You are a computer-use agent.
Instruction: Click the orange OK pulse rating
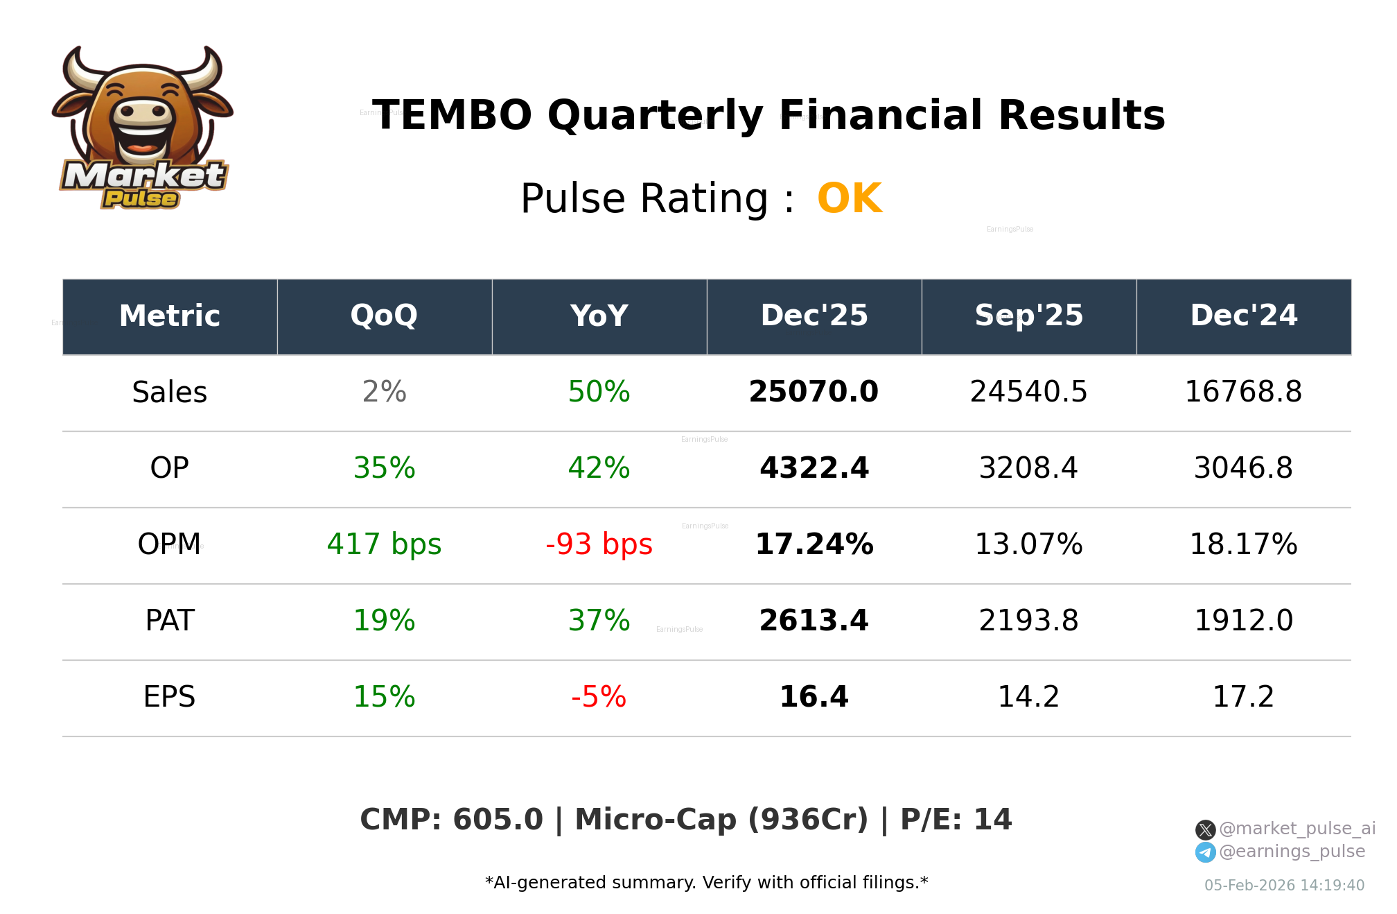(849, 199)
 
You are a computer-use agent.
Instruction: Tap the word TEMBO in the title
(452, 115)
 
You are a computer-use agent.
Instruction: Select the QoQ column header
(384, 316)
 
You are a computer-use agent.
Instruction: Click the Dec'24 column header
(1243, 316)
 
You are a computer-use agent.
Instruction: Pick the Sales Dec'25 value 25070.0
(814, 393)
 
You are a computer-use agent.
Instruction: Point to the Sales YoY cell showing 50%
(599, 393)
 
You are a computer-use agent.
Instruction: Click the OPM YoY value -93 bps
(599, 545)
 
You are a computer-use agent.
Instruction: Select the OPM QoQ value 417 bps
(384, 545)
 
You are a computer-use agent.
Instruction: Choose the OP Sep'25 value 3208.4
(1028, 469)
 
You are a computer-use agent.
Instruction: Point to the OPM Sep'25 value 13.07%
(1028, 545)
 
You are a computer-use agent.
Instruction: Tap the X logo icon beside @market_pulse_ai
(1205, 829)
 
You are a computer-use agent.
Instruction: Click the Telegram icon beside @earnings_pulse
(1205, 852)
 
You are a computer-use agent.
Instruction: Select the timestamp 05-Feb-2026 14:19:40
(1284, 886)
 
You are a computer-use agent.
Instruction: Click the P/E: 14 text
(956, 820)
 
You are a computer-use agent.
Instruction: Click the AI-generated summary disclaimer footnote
(706, 883)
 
